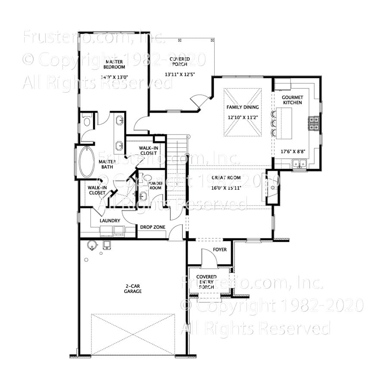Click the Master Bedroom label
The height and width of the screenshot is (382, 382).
(x=114, y=64)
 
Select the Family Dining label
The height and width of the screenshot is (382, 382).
(x=243, y=107)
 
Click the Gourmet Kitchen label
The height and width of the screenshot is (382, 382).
(x=292, y=100)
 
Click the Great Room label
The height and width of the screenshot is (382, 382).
(x=223, y=178)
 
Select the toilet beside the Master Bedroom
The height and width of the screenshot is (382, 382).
(x=87, y=121)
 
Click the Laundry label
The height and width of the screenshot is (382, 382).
(x=110, y=221)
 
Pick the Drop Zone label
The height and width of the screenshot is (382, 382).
(x=153, y=227)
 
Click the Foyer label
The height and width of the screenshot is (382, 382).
(x=220, y=250)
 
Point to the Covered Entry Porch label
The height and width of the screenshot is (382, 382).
(x=206, y=282)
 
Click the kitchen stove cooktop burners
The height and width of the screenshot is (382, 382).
(x=313, y=123)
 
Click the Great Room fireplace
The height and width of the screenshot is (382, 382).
(x=272, y=188)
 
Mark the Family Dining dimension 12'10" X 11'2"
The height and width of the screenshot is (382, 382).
(x=243, y=117)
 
